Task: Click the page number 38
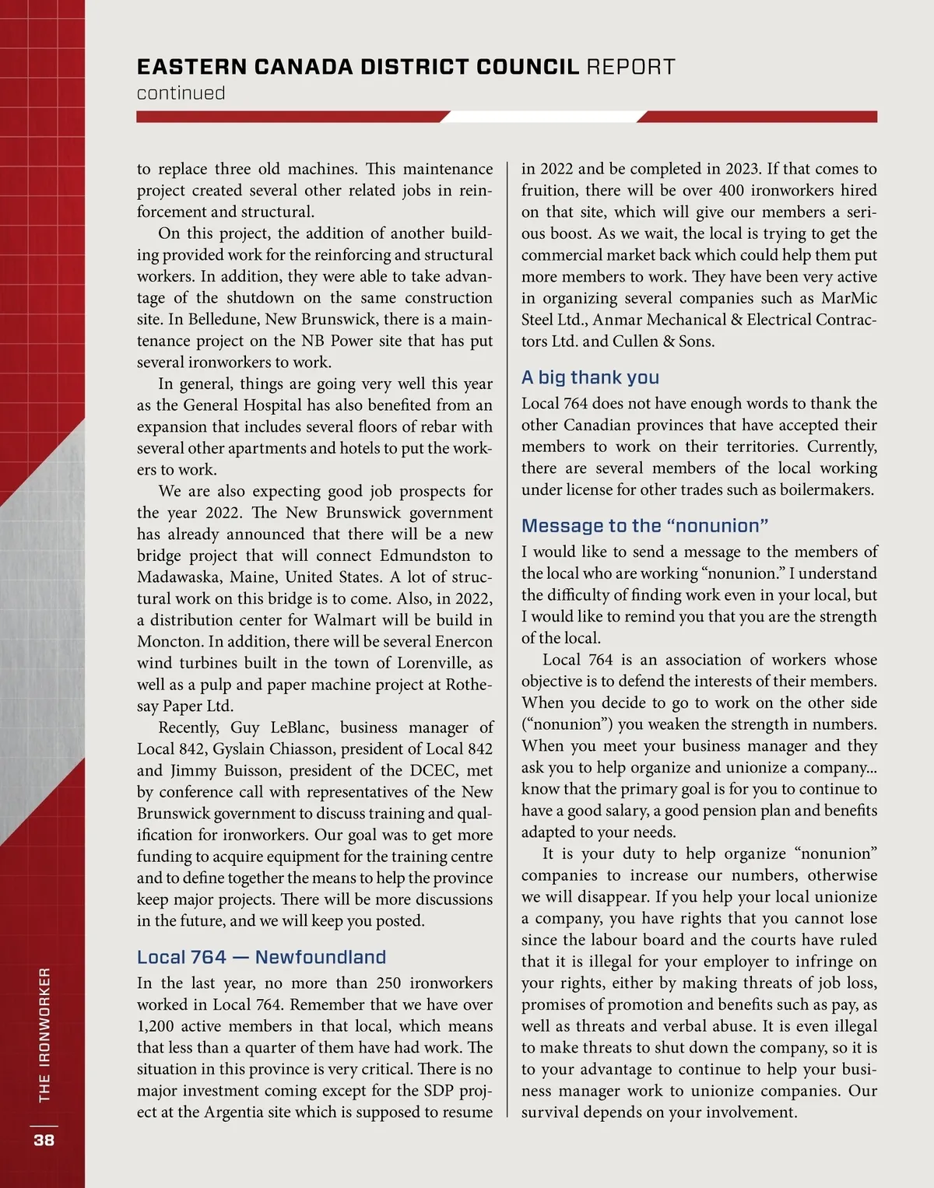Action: coord(44,1140)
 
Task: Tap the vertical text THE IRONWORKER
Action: coord(44,1035)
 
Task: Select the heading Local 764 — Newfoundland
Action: coord(262,957)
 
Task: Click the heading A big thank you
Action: coord(590,377)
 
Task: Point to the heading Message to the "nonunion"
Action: coord(644,526)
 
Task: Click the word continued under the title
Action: coord(181,93)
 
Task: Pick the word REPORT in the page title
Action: coord(630,67)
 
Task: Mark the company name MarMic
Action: coord(849,298)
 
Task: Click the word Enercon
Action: coord(463,642)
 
